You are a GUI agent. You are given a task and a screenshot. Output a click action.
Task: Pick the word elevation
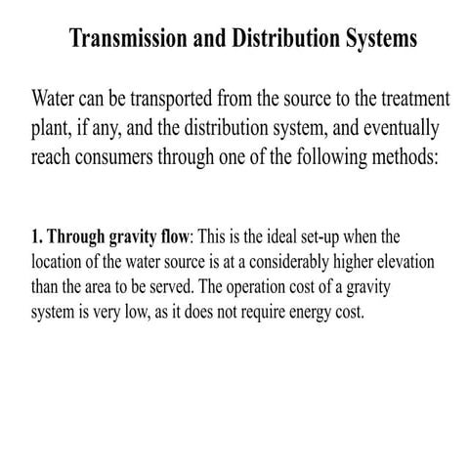tap(405, 264)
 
